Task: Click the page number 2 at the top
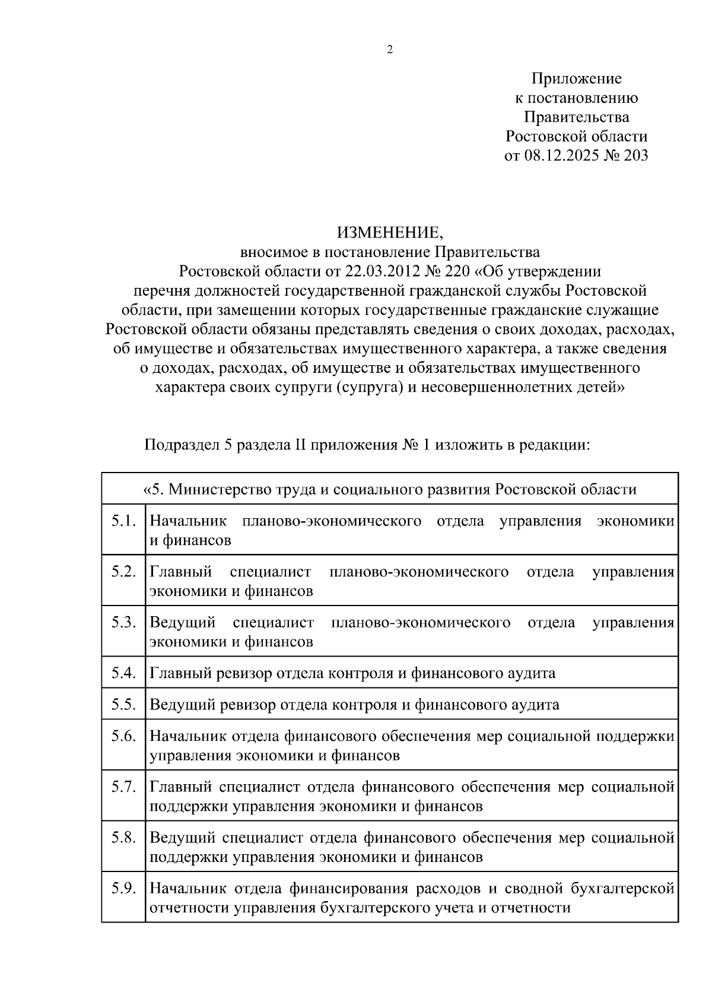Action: (x=390, y=50)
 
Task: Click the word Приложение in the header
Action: (x=576, y=79)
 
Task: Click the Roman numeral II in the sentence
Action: (x=300, y=445)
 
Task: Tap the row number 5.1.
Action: (x=123, y=521)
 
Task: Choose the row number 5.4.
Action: (x=123, y=673)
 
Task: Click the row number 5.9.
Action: (x=123, y=889)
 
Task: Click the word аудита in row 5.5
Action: (x=535, y=705)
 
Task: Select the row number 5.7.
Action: (x=123, y=787)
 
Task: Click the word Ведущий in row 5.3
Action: (x=182, y=623)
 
